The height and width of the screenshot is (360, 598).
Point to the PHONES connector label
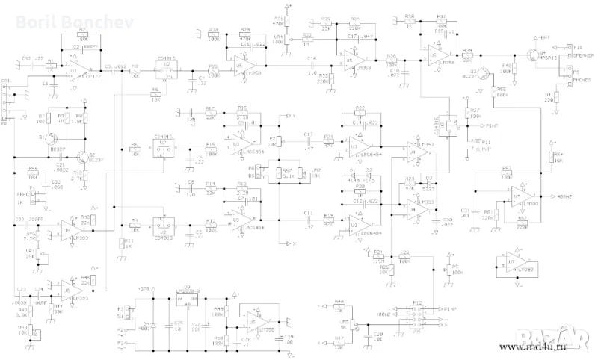pyautogui.click(x=583, y=79)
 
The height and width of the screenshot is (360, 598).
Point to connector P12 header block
pyautogui.click(x=418, y=314)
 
